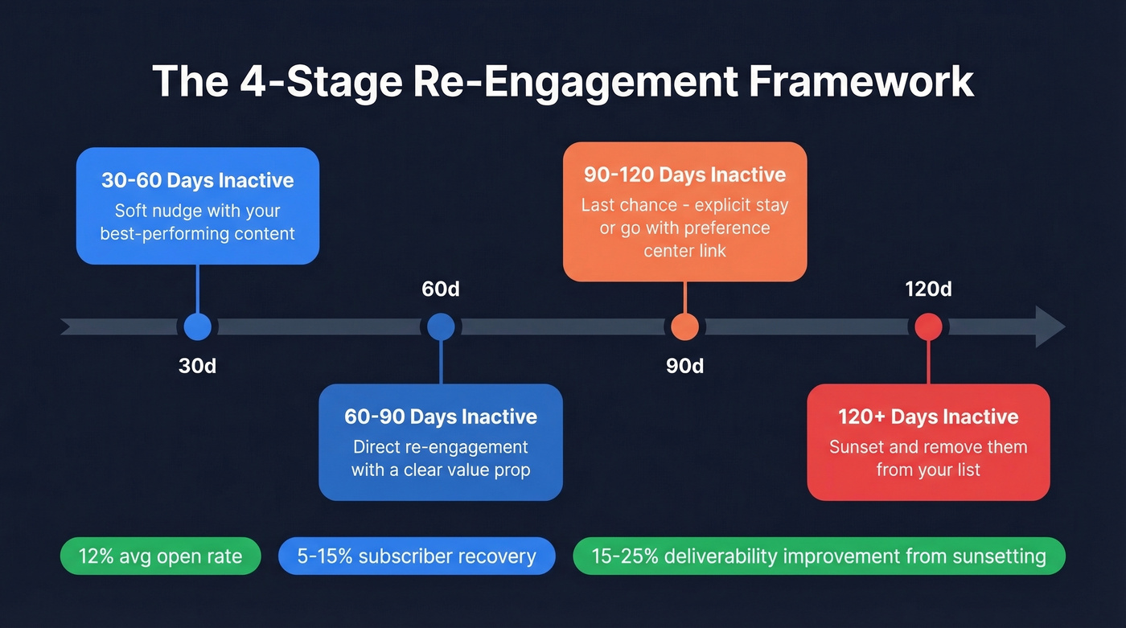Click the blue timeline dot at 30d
(x=197, y=327)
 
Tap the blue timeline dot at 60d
(x=441, y=327)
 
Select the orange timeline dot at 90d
(x=684, y=327)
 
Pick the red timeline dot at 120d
(x=928, y=327)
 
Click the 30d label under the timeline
(x=197, y=366)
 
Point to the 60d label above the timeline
(x=441, y=289)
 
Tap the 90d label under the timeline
(x=684, y=366)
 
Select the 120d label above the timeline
(x=928, y=289)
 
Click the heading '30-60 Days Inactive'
(x=198, y=180)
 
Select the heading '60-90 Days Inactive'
(x=441, y=417)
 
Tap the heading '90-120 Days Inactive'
(x=684, y=174)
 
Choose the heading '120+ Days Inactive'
(x=928, y=417)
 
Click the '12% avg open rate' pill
(x=161, y=556)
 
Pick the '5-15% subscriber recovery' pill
(x=417, y=556)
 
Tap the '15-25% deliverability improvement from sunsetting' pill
(x=819, y=556)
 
